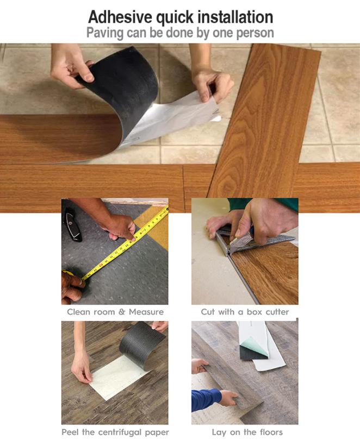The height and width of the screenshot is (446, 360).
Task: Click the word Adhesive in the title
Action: click(x=120, y=17)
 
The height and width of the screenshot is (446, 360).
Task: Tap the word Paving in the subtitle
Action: click(x=105, y=33)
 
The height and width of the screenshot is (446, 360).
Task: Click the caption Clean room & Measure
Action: click(x=115, y=312)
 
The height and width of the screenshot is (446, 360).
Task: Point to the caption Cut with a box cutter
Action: click(x=245, y=312)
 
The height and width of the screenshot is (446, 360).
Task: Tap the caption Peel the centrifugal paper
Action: click(x=115, y=432)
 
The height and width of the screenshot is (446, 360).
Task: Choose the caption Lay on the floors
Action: click(x=247, y=432)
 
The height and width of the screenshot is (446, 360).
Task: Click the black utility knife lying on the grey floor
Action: click(x=73, y=225)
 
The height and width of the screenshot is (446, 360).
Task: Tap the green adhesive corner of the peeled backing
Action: click(x=255, y=345)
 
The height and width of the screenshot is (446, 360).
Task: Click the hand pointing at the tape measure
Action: click(x=121, y=228)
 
